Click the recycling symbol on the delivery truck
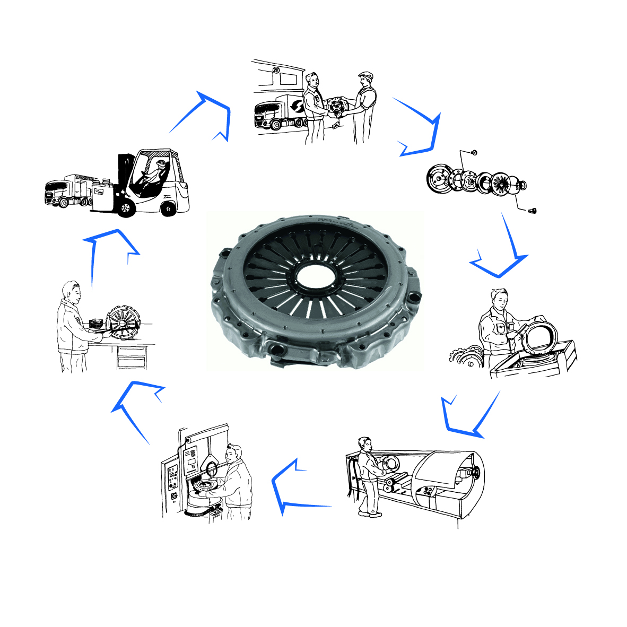click(x=298, y=106)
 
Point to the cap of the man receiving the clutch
click(x=364, y=75)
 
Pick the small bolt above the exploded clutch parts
click(x=474, y=153)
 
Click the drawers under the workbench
click(x=131, y=358)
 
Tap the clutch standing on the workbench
click(x=123, y=324)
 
